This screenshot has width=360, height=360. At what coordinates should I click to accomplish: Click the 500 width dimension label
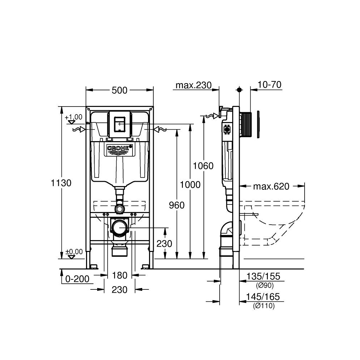coord(120,90)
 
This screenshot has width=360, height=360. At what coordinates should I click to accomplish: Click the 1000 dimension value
coord(190,185)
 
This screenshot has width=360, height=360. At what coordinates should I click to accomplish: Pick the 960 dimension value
coord(176,205)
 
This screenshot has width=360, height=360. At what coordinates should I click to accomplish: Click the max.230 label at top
coord(192,85)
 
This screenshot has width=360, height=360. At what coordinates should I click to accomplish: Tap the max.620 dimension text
coord(271,186)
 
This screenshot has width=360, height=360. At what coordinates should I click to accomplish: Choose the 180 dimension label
coord(120,275)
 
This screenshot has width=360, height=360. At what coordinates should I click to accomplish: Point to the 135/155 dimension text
coord(263,276)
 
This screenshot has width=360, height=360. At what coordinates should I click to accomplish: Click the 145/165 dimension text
coord(263,297)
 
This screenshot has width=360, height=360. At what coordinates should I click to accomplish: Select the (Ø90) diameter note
coord(265,286)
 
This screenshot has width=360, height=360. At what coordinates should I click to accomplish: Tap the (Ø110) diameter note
coord(264,306)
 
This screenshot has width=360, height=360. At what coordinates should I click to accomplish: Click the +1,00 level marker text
coord(74,117)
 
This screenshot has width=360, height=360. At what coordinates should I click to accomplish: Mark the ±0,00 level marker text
coord(74,251)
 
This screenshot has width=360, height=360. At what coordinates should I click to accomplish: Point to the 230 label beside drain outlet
coord(164,244)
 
